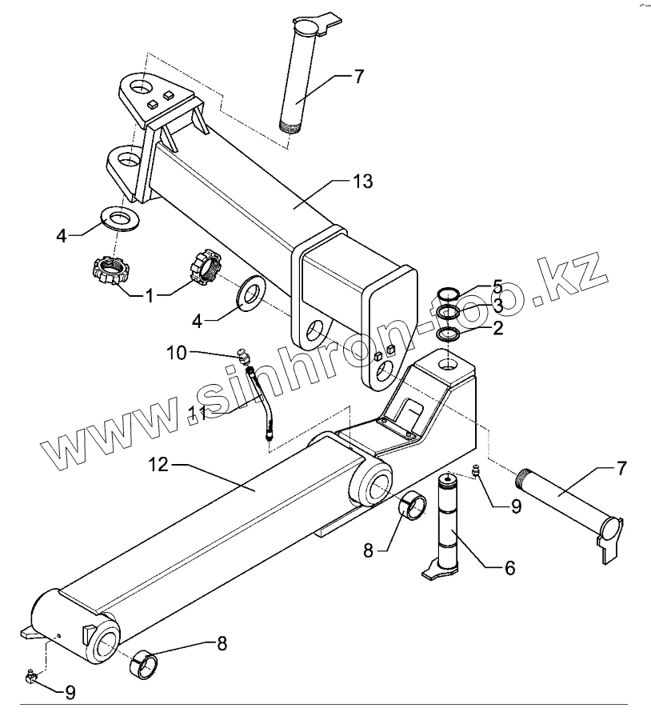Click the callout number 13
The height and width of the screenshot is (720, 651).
[x=362, y=182]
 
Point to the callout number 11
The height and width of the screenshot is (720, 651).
[x=197, y=414]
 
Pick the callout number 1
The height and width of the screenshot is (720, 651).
[x=150, y=294]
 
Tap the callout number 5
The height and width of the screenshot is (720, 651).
[x=497, y=286]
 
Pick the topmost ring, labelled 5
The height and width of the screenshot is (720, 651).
[x=449, y=293]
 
